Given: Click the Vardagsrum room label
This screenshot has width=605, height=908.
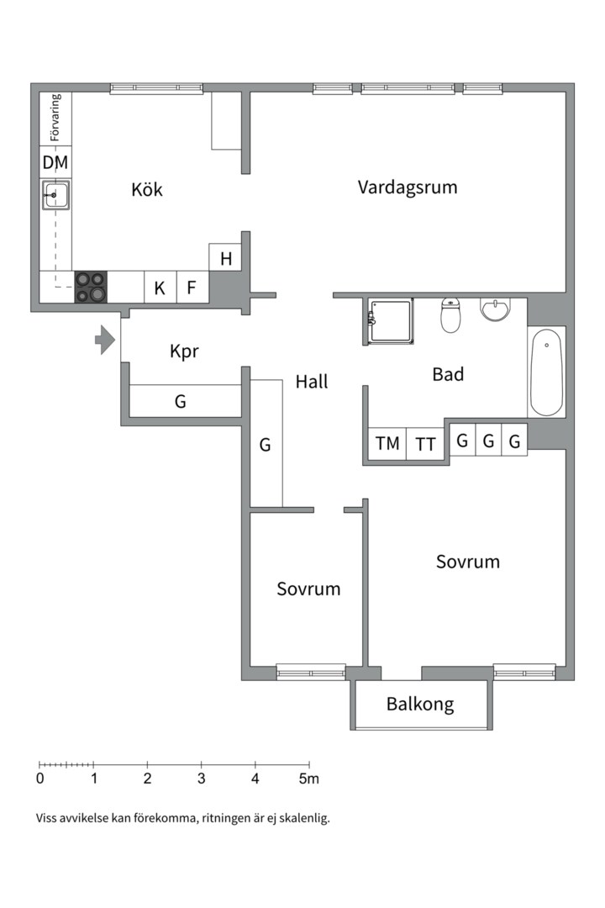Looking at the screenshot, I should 408,187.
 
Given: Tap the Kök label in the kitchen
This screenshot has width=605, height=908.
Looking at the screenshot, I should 147,189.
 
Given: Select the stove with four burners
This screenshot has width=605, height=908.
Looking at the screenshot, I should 92,287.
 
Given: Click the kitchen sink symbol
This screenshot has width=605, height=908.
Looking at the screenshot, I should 55,197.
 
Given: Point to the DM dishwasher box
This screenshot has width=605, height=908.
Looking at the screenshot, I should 55,162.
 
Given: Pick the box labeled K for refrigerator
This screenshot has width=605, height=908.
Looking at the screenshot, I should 160,288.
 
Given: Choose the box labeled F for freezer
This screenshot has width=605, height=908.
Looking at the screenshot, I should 192,288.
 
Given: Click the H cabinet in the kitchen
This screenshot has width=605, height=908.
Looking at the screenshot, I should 226,258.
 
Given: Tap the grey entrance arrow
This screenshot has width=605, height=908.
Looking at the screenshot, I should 104,340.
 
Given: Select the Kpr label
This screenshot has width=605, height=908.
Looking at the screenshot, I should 184,351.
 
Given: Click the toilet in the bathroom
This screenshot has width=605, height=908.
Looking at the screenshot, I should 451,316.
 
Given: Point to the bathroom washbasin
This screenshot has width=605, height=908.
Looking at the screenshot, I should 495,309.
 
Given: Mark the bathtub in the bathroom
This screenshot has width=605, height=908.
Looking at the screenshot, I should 546,372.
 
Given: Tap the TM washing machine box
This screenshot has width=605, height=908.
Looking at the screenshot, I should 387,443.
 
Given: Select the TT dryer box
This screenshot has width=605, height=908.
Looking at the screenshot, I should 426,443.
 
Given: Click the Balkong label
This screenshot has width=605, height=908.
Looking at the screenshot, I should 420,705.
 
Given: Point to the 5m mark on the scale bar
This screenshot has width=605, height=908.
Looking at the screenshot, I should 309,778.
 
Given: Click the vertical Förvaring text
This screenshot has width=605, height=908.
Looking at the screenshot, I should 55,118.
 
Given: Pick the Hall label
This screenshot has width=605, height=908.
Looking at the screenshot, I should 312,382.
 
